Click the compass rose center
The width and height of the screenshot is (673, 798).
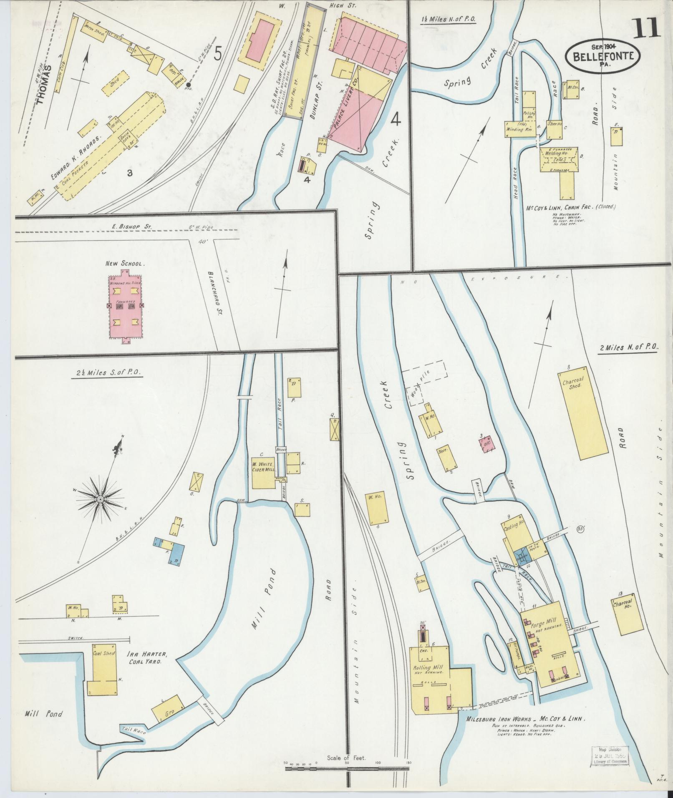pyautogui.click(x=101, y=498)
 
